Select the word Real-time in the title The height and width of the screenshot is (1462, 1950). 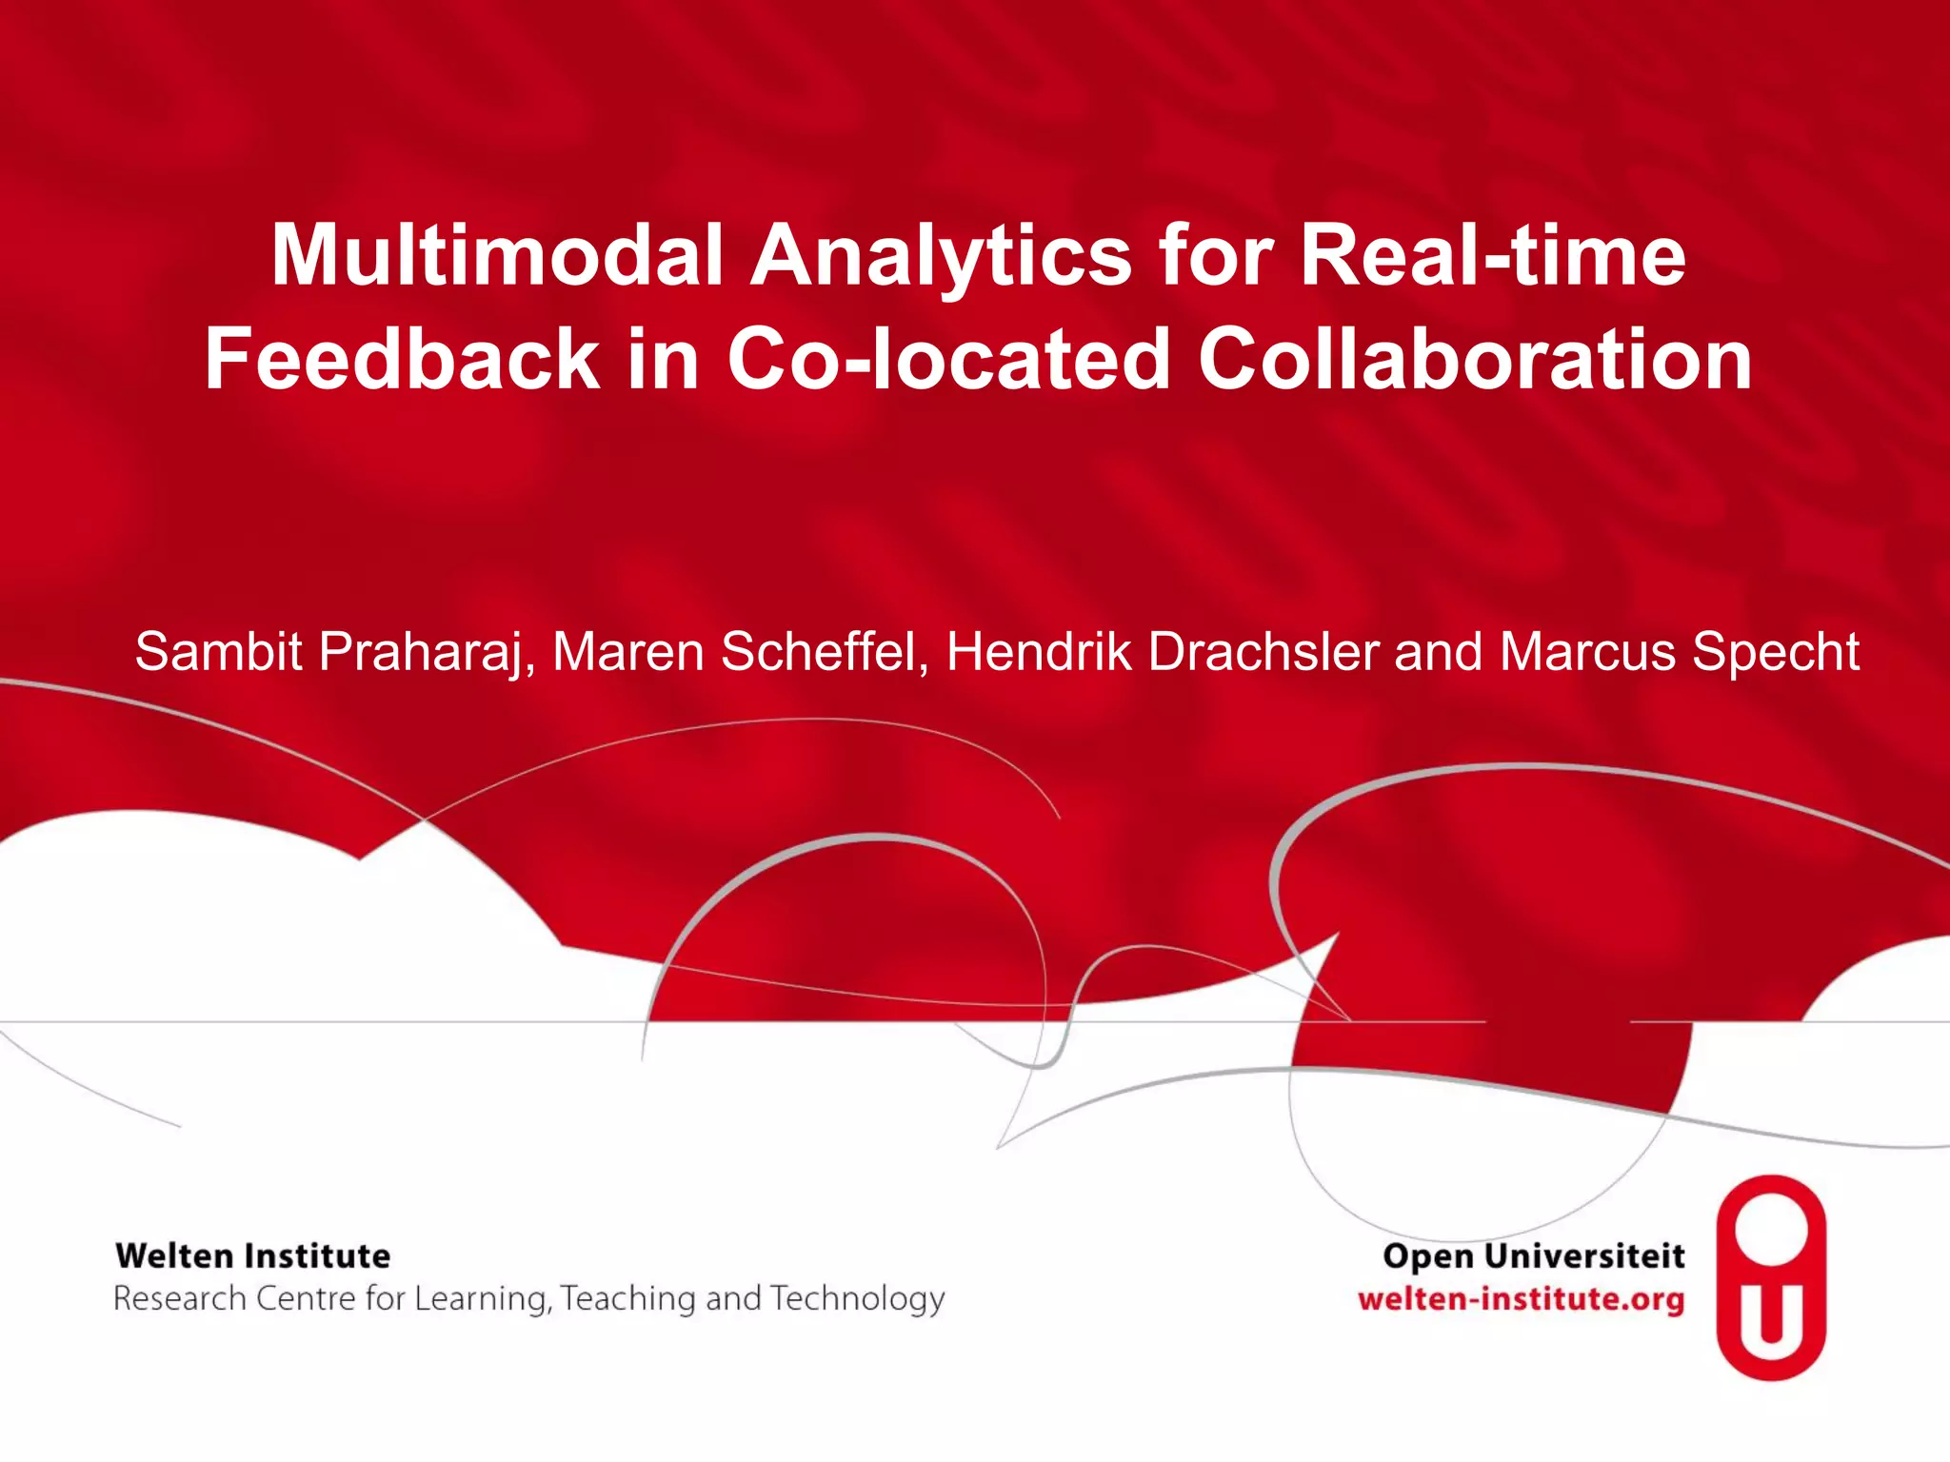point(1492,255)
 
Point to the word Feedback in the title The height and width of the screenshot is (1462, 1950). point(402,359)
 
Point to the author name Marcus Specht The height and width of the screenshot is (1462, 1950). point(1680,653)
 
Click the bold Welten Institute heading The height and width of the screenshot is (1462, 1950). point(253,1256)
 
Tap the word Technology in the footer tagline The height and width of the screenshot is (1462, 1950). point(857,1299)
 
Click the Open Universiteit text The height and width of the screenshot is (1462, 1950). point(1533,1256)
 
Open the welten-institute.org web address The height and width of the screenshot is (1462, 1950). point(1521,1299)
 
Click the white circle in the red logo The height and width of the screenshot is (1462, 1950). point(1771,1231)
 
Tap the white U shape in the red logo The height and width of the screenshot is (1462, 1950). point(1771,1317)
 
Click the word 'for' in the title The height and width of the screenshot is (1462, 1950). point(1215,255)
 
